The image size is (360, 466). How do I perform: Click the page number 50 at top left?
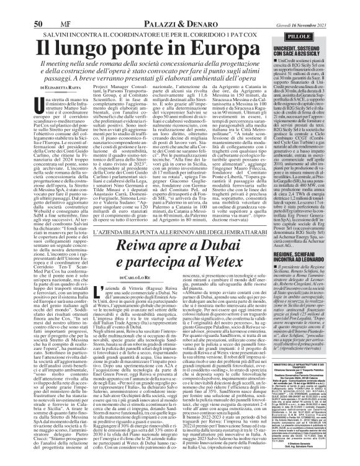pos(38,7)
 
